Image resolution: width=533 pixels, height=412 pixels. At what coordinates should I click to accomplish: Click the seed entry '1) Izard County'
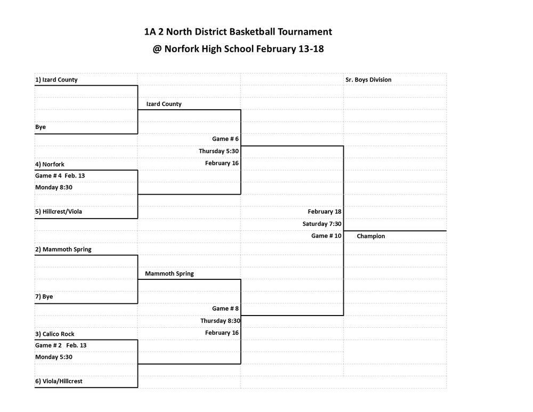pyautogui.click(x=56, y=80)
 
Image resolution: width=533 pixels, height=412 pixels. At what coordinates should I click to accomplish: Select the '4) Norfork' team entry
pyautogui.click(x=50, y=164)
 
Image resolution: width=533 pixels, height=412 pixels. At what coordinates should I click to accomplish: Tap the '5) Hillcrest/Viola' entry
pyautogui.click(x=59, y=212)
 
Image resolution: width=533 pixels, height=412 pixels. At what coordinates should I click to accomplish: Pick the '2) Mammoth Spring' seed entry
pyautogui.click(x=63, y=249)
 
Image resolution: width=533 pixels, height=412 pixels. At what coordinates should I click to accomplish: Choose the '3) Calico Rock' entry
pyautogui.click(x=55, y=334)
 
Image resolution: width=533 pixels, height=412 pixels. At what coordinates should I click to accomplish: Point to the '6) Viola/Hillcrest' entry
pyautogui.click(x=59, y=381)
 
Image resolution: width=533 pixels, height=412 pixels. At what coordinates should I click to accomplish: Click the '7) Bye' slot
pyautogui.click(x=44, y=296)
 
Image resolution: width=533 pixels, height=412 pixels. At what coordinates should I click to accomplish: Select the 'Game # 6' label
pyautogui.click(x=225, y=139)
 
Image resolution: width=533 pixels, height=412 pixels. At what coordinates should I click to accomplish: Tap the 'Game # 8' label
pyautogui.click(x=225, y=308)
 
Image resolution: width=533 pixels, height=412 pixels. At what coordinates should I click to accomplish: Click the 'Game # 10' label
pyautogui.click(x=326, y=236)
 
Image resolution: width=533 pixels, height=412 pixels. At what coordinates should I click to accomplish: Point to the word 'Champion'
pyautogui.click(x=371, y=236)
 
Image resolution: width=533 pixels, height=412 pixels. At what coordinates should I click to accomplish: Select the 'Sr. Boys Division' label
pyautogui.click(x=368, y=80)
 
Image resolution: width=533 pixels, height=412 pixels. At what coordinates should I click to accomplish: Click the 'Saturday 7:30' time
pyautogui.click(x=322, y=224)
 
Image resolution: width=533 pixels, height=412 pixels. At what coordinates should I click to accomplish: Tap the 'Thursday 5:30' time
pyautogui.click(x=219, y=151)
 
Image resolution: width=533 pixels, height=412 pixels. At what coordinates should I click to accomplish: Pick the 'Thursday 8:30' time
pyautogui.click(x=220, y=320)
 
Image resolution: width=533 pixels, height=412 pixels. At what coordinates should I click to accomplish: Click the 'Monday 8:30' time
pyautogui.click(x=54, y=187)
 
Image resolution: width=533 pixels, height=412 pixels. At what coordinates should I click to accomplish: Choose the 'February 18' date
pyautogui.click(x=325, y=212)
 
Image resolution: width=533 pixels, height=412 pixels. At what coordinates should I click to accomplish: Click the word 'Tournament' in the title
pyautogui.click(x=305, y=31)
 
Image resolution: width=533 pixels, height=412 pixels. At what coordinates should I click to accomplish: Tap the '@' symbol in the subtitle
pyautogui.click(x=157, y=49)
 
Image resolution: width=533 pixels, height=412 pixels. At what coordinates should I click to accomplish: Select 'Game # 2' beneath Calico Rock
pyautogui.click(x=49, y=345)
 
